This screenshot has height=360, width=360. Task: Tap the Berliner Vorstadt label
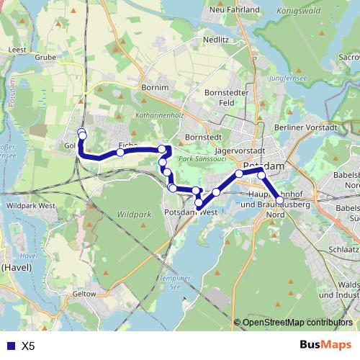[x=305, y=127]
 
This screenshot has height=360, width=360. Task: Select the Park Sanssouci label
[x=202, y=158]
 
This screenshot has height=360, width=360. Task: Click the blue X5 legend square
[x=9, y=346]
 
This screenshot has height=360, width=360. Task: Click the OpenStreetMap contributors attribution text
[x=297, y=323]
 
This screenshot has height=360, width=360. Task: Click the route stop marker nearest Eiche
[x=120, y=153]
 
